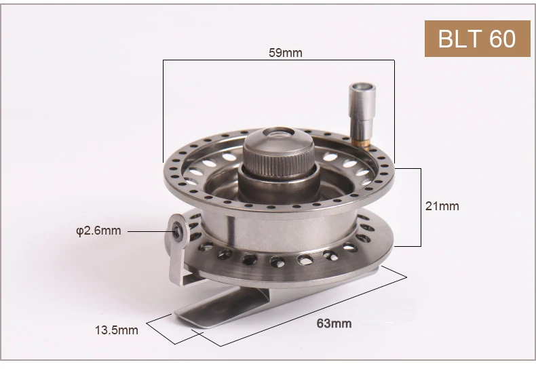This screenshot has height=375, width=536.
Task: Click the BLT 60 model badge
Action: tap(477, 39)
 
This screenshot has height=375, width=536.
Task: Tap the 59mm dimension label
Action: tap(286, 53)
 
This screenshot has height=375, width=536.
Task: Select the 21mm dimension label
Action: tap(442, 206)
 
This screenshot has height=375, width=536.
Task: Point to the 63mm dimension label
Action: tap(334, 323)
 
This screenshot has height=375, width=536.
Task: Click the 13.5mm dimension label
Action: tap(117, 330)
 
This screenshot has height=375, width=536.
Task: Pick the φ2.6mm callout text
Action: tap(98, 231)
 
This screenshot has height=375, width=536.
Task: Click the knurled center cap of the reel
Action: tap(279, 152)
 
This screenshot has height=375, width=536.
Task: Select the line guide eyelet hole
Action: tap(176, 231)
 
